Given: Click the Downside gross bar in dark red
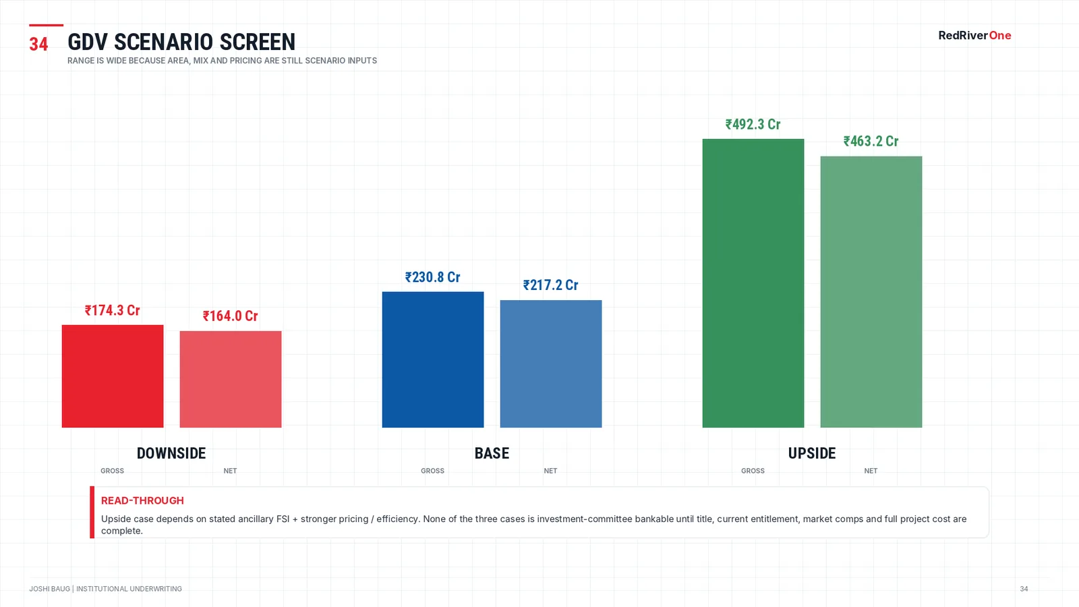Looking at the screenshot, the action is click(x=113, y=376).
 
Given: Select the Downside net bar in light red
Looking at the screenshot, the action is click(x=231, y=379).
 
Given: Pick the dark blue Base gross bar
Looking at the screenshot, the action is click(x=433, y=359).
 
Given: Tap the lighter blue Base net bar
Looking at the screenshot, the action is click(x=551, y=364).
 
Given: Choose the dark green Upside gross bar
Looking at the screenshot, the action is click(x=753, y=283).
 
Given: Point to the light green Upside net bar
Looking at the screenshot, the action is click(x=871, y=292).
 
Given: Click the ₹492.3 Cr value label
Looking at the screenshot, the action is click(x=753, y=124).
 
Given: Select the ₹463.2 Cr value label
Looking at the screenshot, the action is click(x=871, y=141).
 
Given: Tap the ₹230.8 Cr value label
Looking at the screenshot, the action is click(x=432, y=277).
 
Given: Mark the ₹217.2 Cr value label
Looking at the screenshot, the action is click(x=550, y=285).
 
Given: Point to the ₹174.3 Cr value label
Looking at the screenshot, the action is click(x=112, y=310).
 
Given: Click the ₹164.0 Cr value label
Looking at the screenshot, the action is click(x=230, y=316).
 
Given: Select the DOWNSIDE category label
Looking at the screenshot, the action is click(x=171, y=453).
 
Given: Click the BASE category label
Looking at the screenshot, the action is click(x=492, y=453).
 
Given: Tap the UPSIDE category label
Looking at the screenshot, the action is click(x=812, y=453).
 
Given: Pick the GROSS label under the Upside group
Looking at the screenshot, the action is click(x=753, y=471).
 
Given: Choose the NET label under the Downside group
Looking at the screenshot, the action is click(x=230, y=471).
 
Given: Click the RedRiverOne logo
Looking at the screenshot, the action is click(x=974, y=36).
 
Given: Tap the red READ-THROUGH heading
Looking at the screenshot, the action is click(x=142, y=500).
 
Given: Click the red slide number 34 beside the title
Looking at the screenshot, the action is click(x=38, y=45).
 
